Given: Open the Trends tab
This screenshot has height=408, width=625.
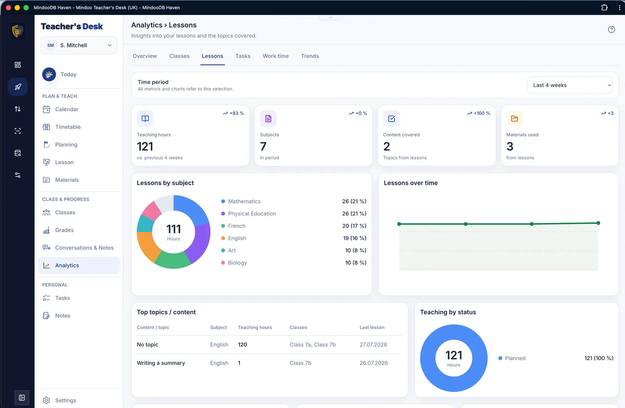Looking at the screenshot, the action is point(310,56).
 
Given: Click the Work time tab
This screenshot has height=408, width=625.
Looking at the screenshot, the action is point(276,56).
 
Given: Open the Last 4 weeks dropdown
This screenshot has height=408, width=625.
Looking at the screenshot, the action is point(570,85).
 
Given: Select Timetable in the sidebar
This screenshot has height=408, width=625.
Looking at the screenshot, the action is point(68,127).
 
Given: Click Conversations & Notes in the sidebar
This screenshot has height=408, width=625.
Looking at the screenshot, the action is point(84,248).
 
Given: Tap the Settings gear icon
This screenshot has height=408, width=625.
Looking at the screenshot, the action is point(46,400).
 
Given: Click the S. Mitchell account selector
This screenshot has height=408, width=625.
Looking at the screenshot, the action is point(79,45).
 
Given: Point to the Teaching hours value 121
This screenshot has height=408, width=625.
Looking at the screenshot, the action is point(145,146).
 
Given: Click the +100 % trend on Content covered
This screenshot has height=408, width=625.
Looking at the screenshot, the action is point(479,113).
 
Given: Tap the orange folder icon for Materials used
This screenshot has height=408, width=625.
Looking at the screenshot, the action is point(514,119).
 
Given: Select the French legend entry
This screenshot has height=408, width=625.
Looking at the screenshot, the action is point(237,226).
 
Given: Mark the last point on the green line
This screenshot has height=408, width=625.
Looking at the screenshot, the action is point(598,223).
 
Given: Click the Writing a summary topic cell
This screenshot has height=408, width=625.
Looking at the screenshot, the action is point(161,363).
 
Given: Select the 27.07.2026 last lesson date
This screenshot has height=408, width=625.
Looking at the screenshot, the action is point(373,344).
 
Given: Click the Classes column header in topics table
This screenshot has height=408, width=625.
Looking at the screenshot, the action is point(298,328).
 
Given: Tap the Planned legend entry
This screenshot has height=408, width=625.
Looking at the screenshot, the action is point(512,358).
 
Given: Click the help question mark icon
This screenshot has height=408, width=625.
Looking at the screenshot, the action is point(611,30).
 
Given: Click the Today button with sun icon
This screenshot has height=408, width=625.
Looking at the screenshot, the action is point(59,75).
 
